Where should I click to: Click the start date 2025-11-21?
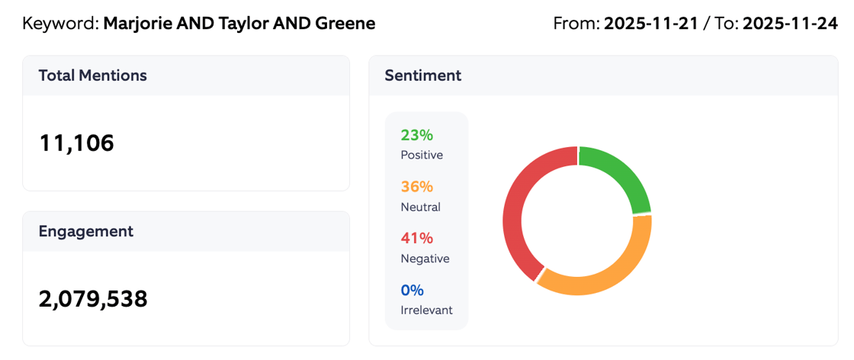pos(653,24)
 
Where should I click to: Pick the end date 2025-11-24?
pos(790,24)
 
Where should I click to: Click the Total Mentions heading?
pos(92,76)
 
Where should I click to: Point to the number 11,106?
pos(76,143)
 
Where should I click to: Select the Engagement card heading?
pos(85,231)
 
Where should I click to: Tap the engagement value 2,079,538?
pos(93,299)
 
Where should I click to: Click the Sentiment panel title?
pos(422,76)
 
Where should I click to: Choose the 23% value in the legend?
pos(416,135)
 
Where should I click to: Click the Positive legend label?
pos(422,155)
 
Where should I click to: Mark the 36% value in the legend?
pos(416,187)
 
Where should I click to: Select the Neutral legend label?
pos(420,207)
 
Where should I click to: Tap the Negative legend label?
pos(425,259)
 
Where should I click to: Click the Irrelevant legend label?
pos(426,310)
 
